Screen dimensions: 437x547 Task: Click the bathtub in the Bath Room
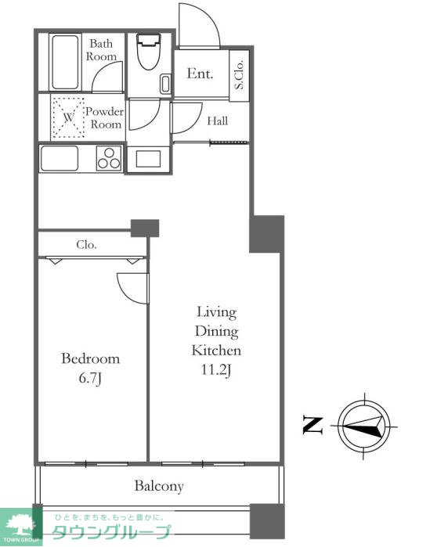click(65, 62)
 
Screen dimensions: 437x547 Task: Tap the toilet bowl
click(148, 52)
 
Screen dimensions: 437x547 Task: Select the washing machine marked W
click(68, 117)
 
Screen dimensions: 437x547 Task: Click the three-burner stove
click(109, 158)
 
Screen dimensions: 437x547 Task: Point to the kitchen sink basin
click(60, 158)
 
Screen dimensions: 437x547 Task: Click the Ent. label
click(200, 74)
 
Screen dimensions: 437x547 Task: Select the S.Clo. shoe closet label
click(239, 75)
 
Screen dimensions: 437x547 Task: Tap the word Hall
click(218, 121)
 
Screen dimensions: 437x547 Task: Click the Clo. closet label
click(86, 244)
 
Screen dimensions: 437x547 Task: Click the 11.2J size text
click(216, 370)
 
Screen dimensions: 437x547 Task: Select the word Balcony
click(159, 486)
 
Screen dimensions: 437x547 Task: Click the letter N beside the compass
click(312, 425)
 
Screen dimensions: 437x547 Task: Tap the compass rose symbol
click(364, 426)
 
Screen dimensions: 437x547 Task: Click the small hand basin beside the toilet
click(165, 84)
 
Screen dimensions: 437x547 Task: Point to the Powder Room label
click(105, 118)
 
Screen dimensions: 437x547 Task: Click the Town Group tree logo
click(20, 526)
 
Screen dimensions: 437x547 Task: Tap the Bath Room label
click(101, 50)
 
